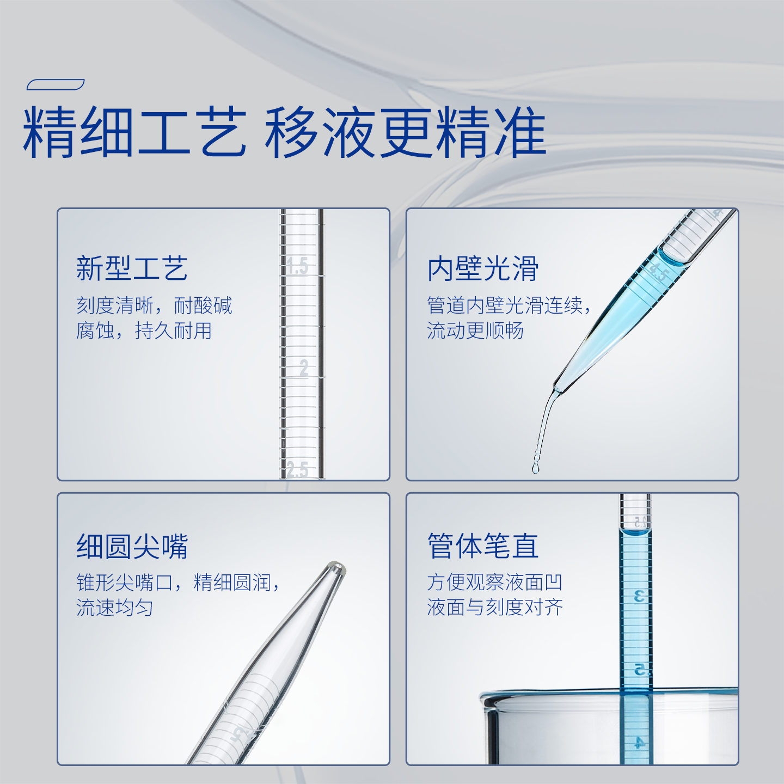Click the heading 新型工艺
coord(132,268)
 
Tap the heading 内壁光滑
coord(483,268)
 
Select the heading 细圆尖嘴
coord(132,547)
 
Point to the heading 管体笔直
coord(483,547)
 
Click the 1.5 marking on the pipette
coord(297,266)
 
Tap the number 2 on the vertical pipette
coord(304,368)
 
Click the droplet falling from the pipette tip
coord(536,468)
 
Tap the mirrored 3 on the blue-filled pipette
coord(639,597)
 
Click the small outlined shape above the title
coord(56,84)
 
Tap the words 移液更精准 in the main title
coord(406,132)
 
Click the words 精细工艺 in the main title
coord(134,132)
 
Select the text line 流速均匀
coord(115,608)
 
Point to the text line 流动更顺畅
coord(475,330)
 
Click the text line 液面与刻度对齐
coord(495,607)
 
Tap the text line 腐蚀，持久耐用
coord(144,330)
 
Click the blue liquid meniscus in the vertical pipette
coord(635,532)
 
